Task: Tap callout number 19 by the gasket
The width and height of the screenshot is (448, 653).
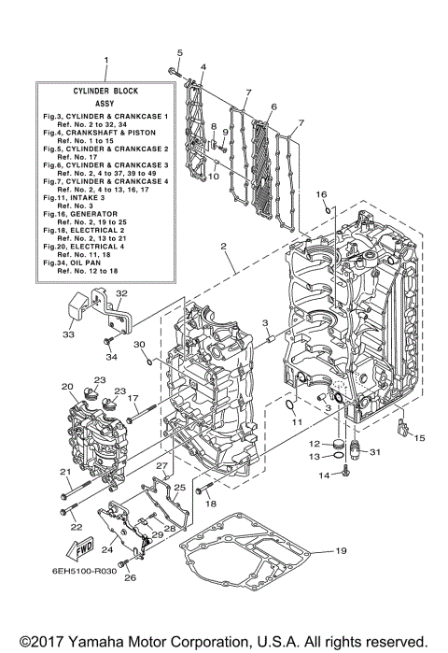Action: [341, 552]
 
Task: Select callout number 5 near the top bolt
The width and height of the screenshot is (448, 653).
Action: [180, 52]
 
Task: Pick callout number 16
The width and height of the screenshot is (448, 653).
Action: [319, 194]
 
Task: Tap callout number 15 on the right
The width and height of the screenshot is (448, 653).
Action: [419, 437]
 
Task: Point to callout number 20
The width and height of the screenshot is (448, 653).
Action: [67, 386]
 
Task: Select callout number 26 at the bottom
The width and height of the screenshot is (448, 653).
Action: [130, 578]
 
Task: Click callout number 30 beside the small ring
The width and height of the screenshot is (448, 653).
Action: [139, 346]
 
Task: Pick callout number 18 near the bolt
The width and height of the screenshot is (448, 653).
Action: [211, 504]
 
